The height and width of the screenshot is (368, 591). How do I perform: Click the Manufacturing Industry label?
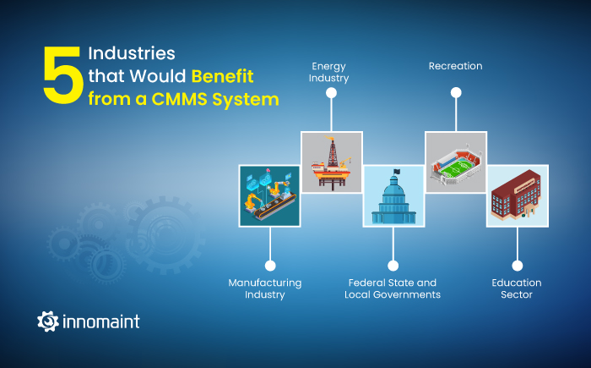264,288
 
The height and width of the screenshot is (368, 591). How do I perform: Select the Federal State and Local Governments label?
393,288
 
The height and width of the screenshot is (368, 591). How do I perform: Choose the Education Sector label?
517,288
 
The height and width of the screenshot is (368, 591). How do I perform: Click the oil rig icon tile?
332,162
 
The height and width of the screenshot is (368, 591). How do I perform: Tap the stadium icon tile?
456,162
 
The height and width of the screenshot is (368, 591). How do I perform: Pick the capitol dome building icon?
393,195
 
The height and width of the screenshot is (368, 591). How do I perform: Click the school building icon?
518,195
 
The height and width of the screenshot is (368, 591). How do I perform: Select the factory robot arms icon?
268,195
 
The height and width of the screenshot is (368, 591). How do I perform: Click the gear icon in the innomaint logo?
47,321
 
